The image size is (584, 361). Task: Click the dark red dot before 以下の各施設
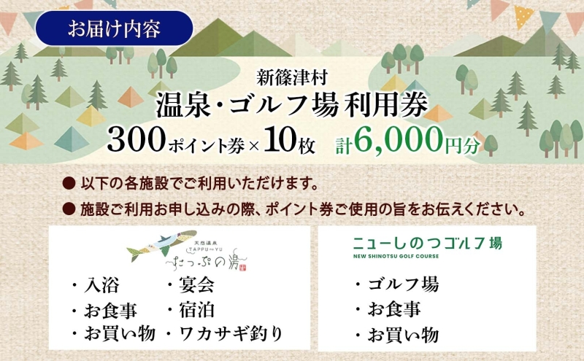70,180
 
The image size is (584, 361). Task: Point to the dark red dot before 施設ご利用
70,210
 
